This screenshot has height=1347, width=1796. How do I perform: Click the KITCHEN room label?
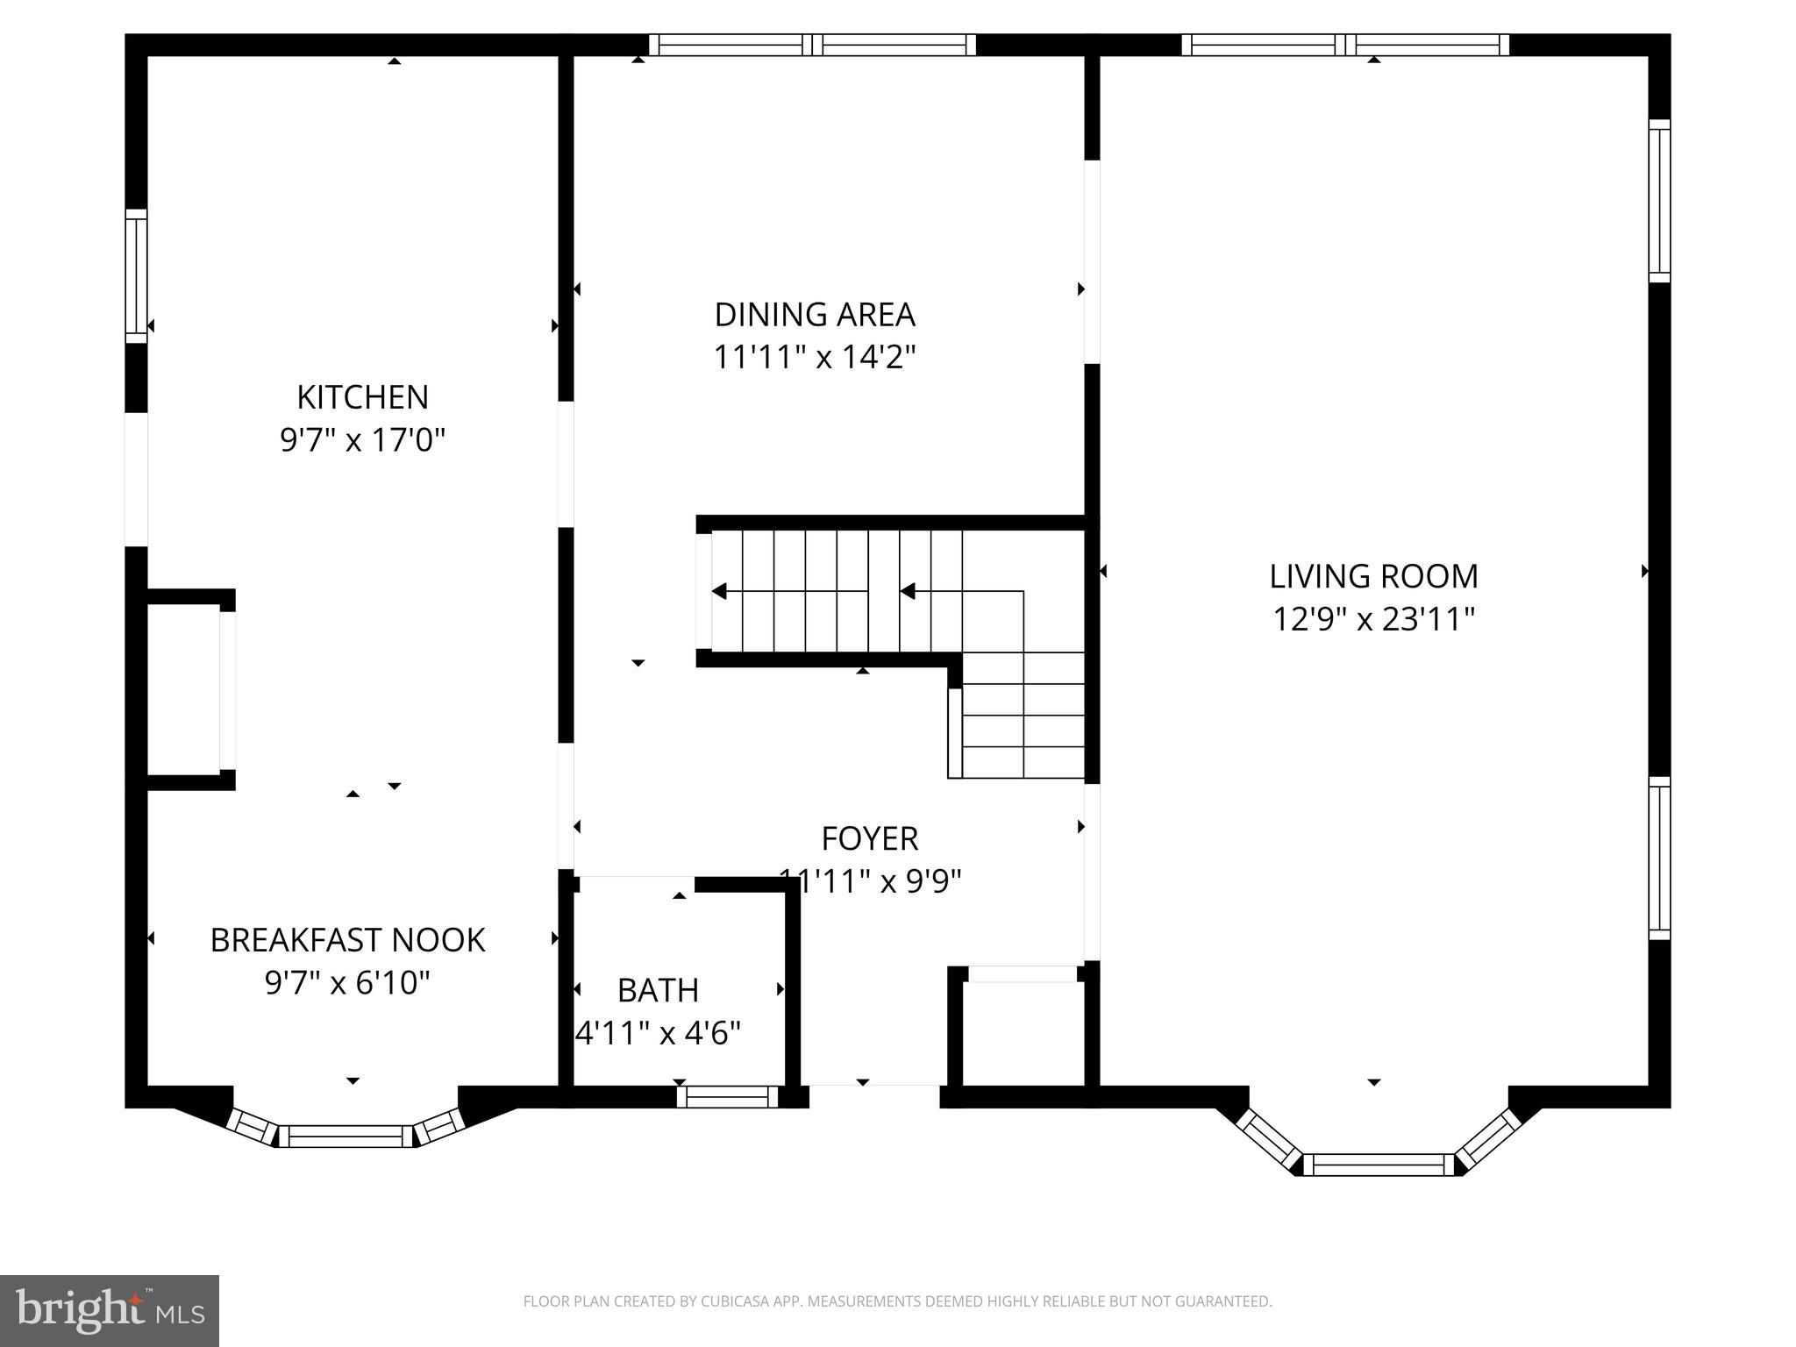pyautogui.click(x=362, y=397)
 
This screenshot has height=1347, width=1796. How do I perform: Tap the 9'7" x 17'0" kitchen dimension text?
pyautogui.click(x=362, y=440)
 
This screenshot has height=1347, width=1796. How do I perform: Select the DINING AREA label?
pyautogui.click(x=815, y=314)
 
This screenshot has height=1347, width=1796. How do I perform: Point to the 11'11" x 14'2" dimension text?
pyautogui.click(x=815, y=358)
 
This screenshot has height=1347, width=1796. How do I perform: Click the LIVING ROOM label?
pyautogui.click(x=1373, y=576)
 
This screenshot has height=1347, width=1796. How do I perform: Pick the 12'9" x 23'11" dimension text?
pyautogui.click(x=1373, y=620)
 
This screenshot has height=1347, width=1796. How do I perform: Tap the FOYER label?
pyautogui.click(x=869, y=839)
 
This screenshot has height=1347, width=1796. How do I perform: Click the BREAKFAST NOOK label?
pyautogui.click(x=347, y=940)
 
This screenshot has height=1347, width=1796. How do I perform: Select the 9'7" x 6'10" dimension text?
pyautogui.click(x=347, y=983)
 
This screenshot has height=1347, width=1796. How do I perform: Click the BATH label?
pyautogui.click(x=658, y=990)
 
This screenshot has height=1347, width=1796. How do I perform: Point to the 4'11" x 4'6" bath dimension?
pyautogui.click(x=658, y=1033)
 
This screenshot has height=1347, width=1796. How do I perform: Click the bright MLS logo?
pyautogui.click(x=109, y=1310)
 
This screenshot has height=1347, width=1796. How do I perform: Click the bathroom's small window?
pyautogui.click(x=727, y=1096)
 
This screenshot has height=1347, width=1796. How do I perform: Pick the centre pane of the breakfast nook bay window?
pyautogui.click(x=346, y=1136)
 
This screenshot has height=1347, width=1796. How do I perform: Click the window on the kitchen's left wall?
pyautogui.click(x=136, y=276)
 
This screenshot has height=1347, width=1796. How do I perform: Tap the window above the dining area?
pyautogui.click(x=812, y=45)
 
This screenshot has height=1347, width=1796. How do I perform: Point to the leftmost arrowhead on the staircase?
pyautogui.click(x=720, y=591)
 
